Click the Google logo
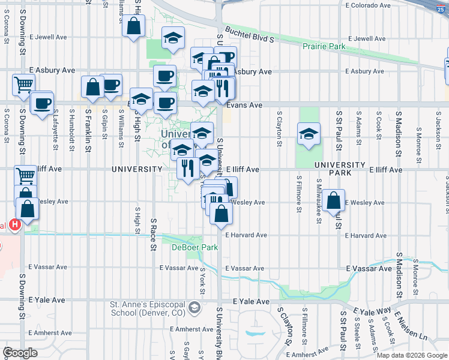[20, 353]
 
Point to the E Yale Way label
[372, 311]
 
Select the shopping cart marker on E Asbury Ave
[23, 86]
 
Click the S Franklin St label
[88, 127]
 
